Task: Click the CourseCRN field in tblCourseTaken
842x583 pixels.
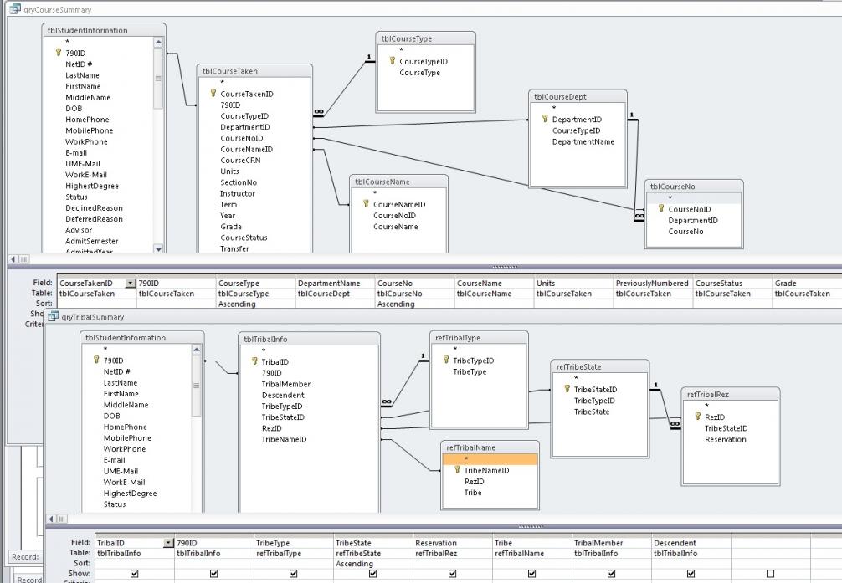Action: click(240, 160)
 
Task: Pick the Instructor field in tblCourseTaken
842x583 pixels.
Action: click(238, 193)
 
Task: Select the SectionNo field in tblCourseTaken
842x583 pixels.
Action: click(239, 182)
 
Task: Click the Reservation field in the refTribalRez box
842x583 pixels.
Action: click(725, 439)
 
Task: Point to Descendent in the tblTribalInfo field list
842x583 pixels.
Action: click(283, 395)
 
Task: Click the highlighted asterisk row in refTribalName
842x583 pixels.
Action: click(490, 459)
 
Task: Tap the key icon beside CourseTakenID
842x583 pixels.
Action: click(213, 94)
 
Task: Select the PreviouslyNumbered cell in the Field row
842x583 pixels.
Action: click(652, 284)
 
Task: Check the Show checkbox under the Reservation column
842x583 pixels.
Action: click(452, 574)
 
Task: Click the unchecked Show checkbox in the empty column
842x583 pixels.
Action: click(770, 574)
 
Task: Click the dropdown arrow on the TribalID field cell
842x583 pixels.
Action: click(169, 543)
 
